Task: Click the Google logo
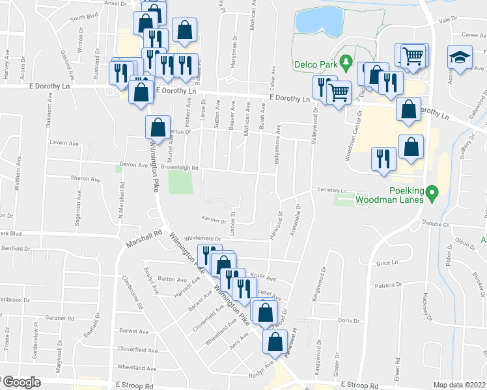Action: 21,383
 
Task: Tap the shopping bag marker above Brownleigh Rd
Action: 157,127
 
